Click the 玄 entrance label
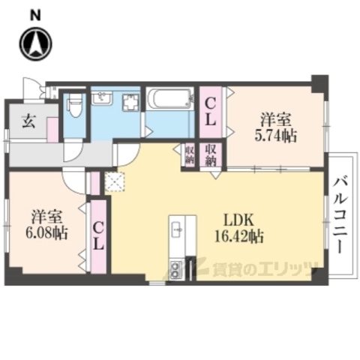tap(26, 118)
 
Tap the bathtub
tap(169, 100)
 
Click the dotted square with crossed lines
tap(115, 182)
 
